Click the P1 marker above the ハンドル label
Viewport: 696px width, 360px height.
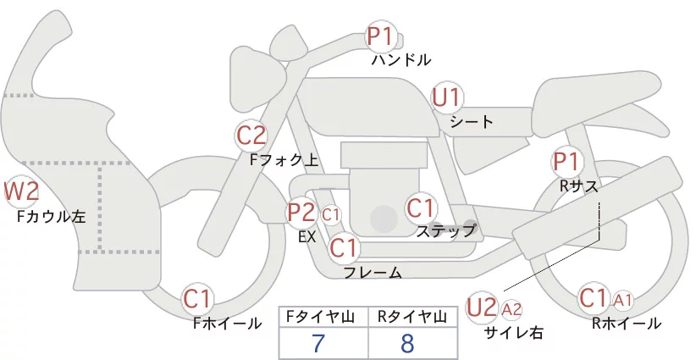click(x=381, y=36)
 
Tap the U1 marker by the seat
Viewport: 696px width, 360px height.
click(x=447, y=97)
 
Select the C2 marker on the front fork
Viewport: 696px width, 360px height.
click(x=251, y=136)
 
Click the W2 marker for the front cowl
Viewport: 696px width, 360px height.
click(x=21, y=191)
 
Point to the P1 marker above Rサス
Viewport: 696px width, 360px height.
click(x=566, y=162)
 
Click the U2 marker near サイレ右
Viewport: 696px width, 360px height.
click(x=482, y=307)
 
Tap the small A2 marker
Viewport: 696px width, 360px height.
click(x=511, y=309)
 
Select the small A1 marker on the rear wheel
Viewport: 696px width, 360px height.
click(x=622, y=301)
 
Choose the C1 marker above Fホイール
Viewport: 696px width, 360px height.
click(x=197, y=299)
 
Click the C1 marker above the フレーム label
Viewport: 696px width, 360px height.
click(x=344, y=247)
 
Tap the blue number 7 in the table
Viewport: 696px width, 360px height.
click(x=318, y=343)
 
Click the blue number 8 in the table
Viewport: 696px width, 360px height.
click(x=407, y=343)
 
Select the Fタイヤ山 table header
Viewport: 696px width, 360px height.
click(x=320, y=317)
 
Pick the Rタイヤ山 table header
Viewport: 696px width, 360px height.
click(x=412, y=317)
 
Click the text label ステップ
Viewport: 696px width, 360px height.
click(x=445, y=231)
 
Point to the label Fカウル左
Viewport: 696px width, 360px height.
click(x=51, y=216)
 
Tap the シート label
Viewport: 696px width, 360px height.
click(x=472, y=122)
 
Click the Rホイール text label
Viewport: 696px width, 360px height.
click(x=627, y=324)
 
